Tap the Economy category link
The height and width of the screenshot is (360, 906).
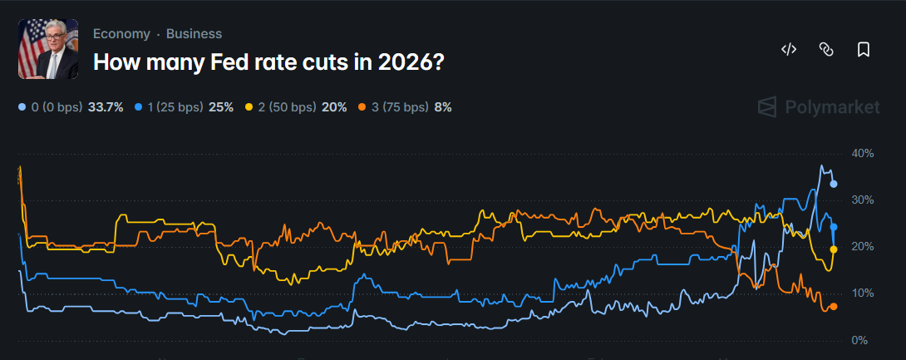coord(121,34)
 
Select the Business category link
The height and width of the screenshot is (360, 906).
coord(194,34)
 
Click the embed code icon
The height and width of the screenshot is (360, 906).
coord(789,50)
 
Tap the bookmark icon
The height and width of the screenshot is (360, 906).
coord(864,50)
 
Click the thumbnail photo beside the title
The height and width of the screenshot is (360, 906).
coord(48,50)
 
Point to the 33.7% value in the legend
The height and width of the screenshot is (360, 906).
coord(106,107)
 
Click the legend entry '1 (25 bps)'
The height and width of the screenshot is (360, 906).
coord(177,107)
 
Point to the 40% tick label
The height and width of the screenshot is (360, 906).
coord(863,154)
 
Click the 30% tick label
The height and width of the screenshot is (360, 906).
coord(863,200)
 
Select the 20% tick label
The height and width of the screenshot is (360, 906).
coord(863,247)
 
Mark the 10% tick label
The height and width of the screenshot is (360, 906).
coord(863,293)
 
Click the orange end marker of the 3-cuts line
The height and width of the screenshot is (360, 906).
coord(834,306)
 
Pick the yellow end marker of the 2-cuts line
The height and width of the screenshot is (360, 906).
coord(834,249)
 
